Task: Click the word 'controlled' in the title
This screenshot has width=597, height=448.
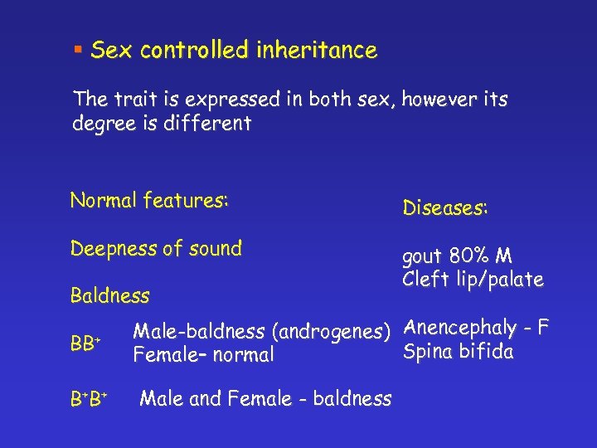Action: coord(195,51)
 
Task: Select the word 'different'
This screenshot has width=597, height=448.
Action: coord(209,124)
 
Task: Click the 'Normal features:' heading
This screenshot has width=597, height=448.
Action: coord(149,201)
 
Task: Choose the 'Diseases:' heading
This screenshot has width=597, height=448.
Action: coord(445,208)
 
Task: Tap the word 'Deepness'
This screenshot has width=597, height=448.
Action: coord(111,249)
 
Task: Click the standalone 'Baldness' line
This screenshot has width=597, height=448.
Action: coord(109,295)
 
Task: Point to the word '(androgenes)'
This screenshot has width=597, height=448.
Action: coord(336,333)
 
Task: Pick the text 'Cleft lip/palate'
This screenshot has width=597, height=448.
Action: coord(473,280)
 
